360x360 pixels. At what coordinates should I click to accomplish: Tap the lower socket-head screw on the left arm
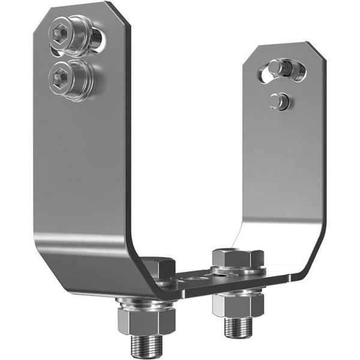[68, 77]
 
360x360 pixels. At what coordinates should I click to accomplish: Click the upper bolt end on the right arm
[279, 67]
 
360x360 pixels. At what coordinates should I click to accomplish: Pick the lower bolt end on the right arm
[278, 101]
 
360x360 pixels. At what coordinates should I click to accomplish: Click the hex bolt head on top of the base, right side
[238, 258]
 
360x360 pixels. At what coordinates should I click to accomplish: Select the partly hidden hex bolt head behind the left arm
[158, 268]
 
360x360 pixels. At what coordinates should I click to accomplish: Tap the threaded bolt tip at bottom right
[238, 328]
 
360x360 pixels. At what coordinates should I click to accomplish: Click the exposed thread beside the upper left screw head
[97, 39]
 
